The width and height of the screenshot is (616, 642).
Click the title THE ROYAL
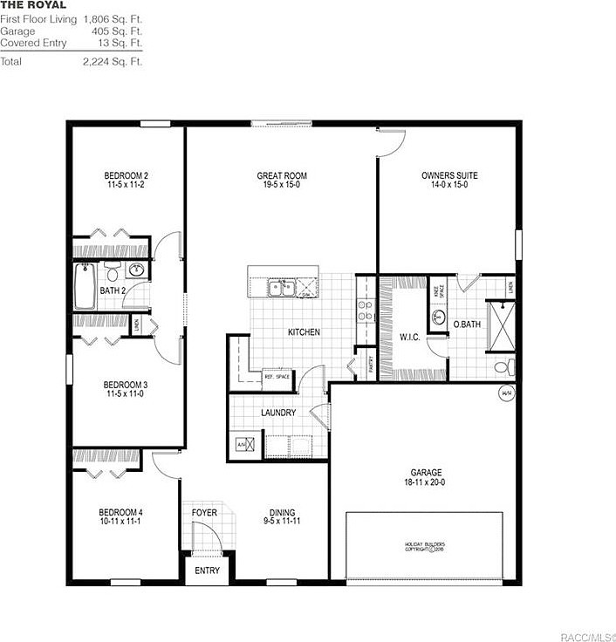[33, 5]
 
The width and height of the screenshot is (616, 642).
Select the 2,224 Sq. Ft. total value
[113, 62]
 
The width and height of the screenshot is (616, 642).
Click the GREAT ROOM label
[281, 175]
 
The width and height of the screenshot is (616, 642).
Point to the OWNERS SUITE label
[448, 175]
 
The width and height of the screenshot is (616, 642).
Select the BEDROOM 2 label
[126, 175]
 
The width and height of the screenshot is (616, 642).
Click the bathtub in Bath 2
[85, 287]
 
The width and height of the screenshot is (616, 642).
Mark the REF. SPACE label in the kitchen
[276, 378]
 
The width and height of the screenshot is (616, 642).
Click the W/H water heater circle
[506, 394]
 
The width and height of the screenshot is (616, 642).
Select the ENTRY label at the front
[207, 570]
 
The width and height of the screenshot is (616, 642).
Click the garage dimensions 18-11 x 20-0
[426, 481]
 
